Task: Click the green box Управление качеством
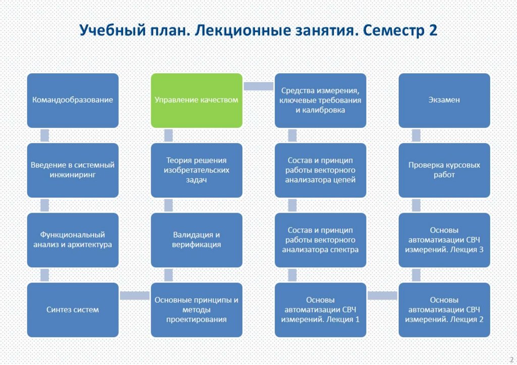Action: click(197, 100)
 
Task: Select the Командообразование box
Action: click(73, 100)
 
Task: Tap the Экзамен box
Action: click(444, 100)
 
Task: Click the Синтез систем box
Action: click(73, 309)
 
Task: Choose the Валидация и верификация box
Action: click(197, 240)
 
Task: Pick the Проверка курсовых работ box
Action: click(444, 170)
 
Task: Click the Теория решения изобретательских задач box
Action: click(197, 170)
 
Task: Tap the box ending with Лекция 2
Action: click(444, 309)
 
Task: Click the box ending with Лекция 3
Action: click(444, 240)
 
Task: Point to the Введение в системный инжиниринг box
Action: click(73, 170)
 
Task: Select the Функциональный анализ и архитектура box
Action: click(73, 240)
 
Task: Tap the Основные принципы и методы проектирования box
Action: click(197, 309)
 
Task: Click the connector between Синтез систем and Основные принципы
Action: click(135, 295)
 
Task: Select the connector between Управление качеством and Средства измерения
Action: click(258, 86)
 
